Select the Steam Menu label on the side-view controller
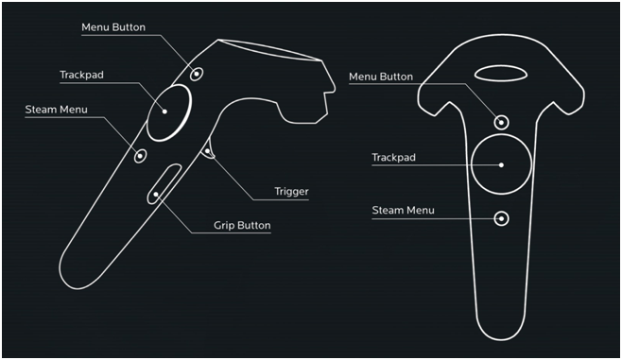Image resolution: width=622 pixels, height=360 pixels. tap(56, 110)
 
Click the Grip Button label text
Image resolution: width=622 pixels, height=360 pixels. tap(242, 226)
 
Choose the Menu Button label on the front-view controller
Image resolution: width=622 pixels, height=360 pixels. tap(381, 77)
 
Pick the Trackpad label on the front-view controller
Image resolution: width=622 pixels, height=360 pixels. tap(393, 158)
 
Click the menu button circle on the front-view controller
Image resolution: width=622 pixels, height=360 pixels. tap(501, 121)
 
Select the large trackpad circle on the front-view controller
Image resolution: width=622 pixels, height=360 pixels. tap(501, 164)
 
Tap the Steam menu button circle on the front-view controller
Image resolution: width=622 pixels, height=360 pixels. tap(501, 218)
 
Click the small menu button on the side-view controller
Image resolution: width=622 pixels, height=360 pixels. tap(197, 73)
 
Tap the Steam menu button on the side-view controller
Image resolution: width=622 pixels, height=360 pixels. tap(141, 155)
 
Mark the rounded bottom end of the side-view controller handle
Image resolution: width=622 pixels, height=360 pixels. tap(75, 264)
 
